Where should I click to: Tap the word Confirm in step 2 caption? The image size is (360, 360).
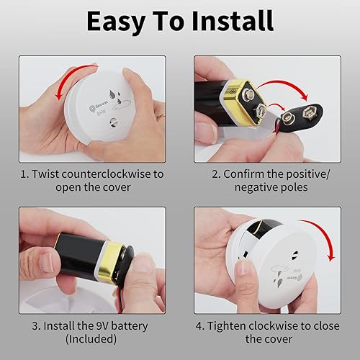[x=242, y=174]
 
